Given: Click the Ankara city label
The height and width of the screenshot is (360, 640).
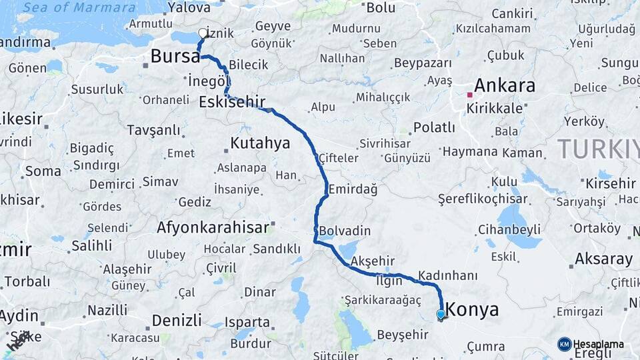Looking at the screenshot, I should [x=504, y=86].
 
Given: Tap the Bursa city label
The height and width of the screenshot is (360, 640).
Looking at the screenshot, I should [x=175, y=57].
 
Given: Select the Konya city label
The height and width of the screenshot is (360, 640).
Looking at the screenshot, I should [x=472, y=310].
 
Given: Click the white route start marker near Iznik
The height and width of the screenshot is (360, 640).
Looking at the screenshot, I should [x=203, y=33].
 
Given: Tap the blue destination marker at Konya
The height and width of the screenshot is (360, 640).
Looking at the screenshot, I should [x=441, y=314].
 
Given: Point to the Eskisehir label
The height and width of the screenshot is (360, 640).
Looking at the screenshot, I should [x=232, y=102].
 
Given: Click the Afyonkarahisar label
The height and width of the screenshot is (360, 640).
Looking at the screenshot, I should [x=213, y=227].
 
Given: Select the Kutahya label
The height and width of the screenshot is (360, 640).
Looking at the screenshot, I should [x=260, y=143].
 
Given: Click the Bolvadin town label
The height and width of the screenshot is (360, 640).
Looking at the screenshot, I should [x=345, y=231].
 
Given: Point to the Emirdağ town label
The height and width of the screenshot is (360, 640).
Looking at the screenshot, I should [x=353, y=189].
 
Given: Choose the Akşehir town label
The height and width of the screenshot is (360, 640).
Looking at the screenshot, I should [x=373, y=261].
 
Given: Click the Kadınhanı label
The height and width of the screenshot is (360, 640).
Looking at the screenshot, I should [x=448, y=275].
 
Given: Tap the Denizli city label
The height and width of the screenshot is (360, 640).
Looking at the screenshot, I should [x=177, y=321].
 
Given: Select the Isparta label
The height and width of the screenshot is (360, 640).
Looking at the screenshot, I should [x=247, y=323].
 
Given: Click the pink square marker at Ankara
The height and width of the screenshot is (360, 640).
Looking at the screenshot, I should [x=469, y=95].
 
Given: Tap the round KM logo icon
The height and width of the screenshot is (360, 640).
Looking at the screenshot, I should [x=564, y=344].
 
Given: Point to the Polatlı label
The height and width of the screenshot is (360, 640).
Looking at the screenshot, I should [x=434, y=127].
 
